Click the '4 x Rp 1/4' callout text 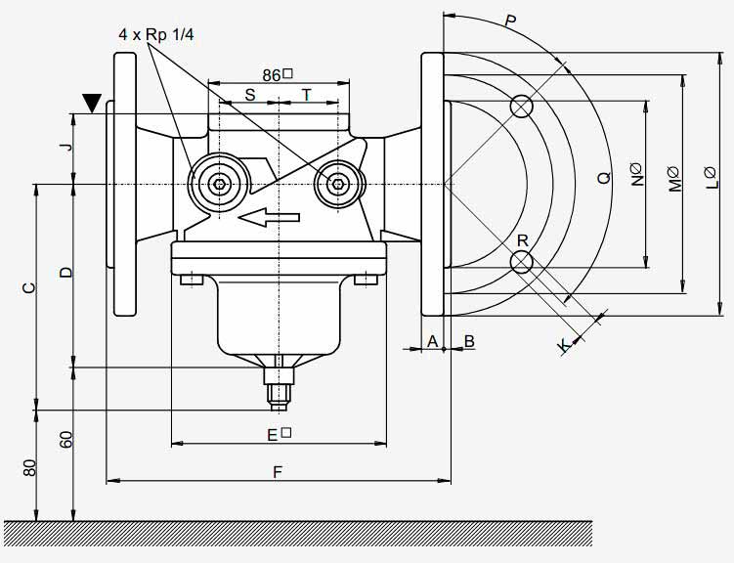tap(155, 34)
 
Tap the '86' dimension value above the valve tap(271, 75)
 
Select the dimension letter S tap(250, 95)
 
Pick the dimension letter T tap(306, 95)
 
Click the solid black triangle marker tap(92, 103)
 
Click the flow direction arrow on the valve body tap(269, 217)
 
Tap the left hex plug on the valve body tap(219, 184)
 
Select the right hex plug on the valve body tap(337, 184)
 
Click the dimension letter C tap(29, 287)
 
